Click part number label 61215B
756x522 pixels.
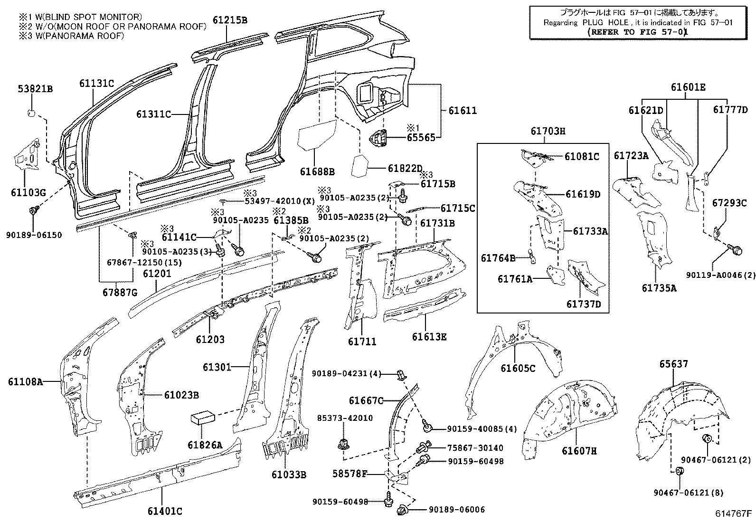pyautogui.click(x=230, y=20)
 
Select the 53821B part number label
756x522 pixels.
pyautogui.click(x=35, y=89)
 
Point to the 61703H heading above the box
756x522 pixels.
pyautogui.click(x=548, y=131)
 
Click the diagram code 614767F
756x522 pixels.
pyautogui.click(x=734, y=513)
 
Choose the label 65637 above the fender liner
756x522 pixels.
pyautogui.click(x=673, y=364)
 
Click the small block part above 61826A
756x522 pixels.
pyautogui.click(x=203, y=418)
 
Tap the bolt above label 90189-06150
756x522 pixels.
pyautogui.click(x=34, y=210)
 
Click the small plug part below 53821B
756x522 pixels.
pyautogui.click(x=31, y=113)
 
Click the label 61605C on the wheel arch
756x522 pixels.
pyautogui.click(x=518, y=368)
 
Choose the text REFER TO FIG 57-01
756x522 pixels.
pyautogui.click(x=638, y=32)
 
